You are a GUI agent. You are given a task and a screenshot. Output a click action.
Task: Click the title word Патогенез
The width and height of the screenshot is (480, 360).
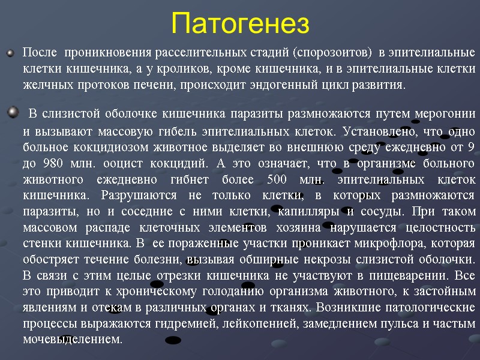click(240, 24)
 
